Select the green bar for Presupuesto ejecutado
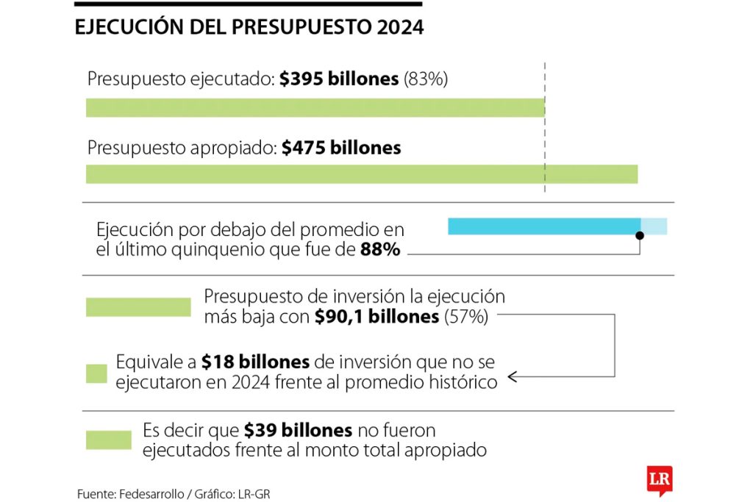[x=315, y=108]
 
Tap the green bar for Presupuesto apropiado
[x=361, y=174]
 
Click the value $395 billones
[x=338, y=79]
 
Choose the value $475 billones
[x=341, y=148]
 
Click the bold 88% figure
[x=380, y=250]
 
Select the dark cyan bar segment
[x=544, y=226]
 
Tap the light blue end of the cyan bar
[x=654, y=226]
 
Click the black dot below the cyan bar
[x=640, y=235]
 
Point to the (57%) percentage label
[x=465, y=317]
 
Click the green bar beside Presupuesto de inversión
[x=138, y=307]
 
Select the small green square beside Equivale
[x=96, y=373]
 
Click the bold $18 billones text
[x=255, y=362]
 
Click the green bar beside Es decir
[x=109, y=440]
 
